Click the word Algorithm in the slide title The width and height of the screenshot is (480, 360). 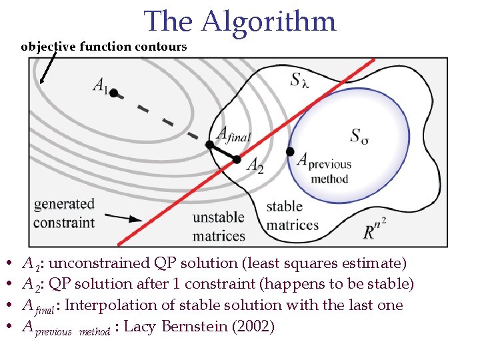pyautogui.click(x=269, y=21)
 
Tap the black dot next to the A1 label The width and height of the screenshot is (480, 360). pyautogui.click(x=114, y=93)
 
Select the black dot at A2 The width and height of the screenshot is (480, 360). pyautogui.click(x=237, y=159)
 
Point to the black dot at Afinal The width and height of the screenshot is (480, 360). pyautogui.click(x=209, y=144)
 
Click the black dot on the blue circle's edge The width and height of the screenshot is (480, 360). pyautogui.click(x=290, y=152)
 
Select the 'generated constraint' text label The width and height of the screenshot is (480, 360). pyautogui.click(x=64, y=213)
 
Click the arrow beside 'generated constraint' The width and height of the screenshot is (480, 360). pyautogui.click(x=124, y=218)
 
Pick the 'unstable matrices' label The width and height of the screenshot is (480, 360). pyautogui.click(x=219, y=227)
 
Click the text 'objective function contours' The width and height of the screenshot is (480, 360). pyautogui.click(x=104, y=47)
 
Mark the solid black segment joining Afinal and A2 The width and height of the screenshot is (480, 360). pyautogui.click(x=223, y=152)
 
